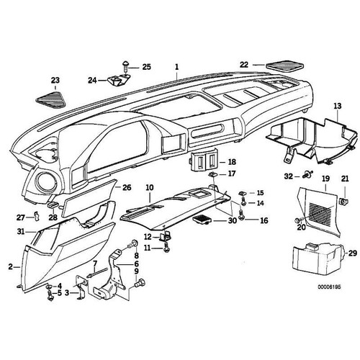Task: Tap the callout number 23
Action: pyautogui.click(x=55, y=80)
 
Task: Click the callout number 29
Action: pyautogui.click(x=352, y=254)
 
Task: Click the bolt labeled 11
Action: pyautogui.click(x=166, y=248)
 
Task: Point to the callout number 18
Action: pyautogui.click(x=222, y=162)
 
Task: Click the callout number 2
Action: pyautogui.click(x=10, y=266)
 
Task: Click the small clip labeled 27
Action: pyautogui.click(x=37, y=217)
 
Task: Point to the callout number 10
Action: pyautogui.click(x=149, y=189)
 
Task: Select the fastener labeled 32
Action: pyautogui.click(x=307, y=174)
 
